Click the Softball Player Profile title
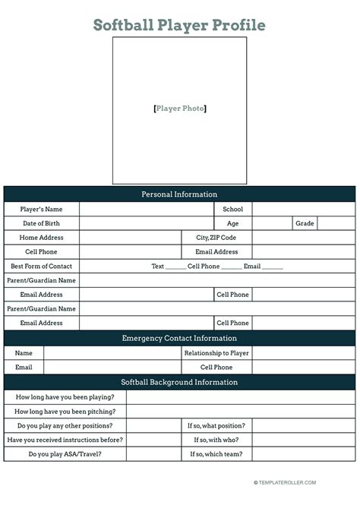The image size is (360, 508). click(x=179, y=25)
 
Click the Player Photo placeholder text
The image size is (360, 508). click(x=179, y=109)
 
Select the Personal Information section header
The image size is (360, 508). click(x=179, y=194)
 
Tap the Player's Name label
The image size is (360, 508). click(x=41, y=209)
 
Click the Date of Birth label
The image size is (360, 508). click(x=41, y=223)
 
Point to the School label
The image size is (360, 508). click(x=232, y=209)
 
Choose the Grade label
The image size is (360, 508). click(x=305, y=223)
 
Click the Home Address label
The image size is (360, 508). click(x=41, y=238)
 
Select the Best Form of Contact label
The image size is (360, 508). click(x=41, y=267)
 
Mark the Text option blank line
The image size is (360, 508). click(x=175, y=267)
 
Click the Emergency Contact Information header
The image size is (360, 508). click(x=179, y=338)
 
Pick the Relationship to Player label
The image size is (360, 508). click(x=216, y=352)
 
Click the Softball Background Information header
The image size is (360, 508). click(x=179, y=382)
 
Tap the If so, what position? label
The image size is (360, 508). click(x=216, y=425)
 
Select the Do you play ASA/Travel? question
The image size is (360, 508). click(x=65, y=454)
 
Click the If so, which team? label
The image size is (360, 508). click(x=216, y=454)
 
